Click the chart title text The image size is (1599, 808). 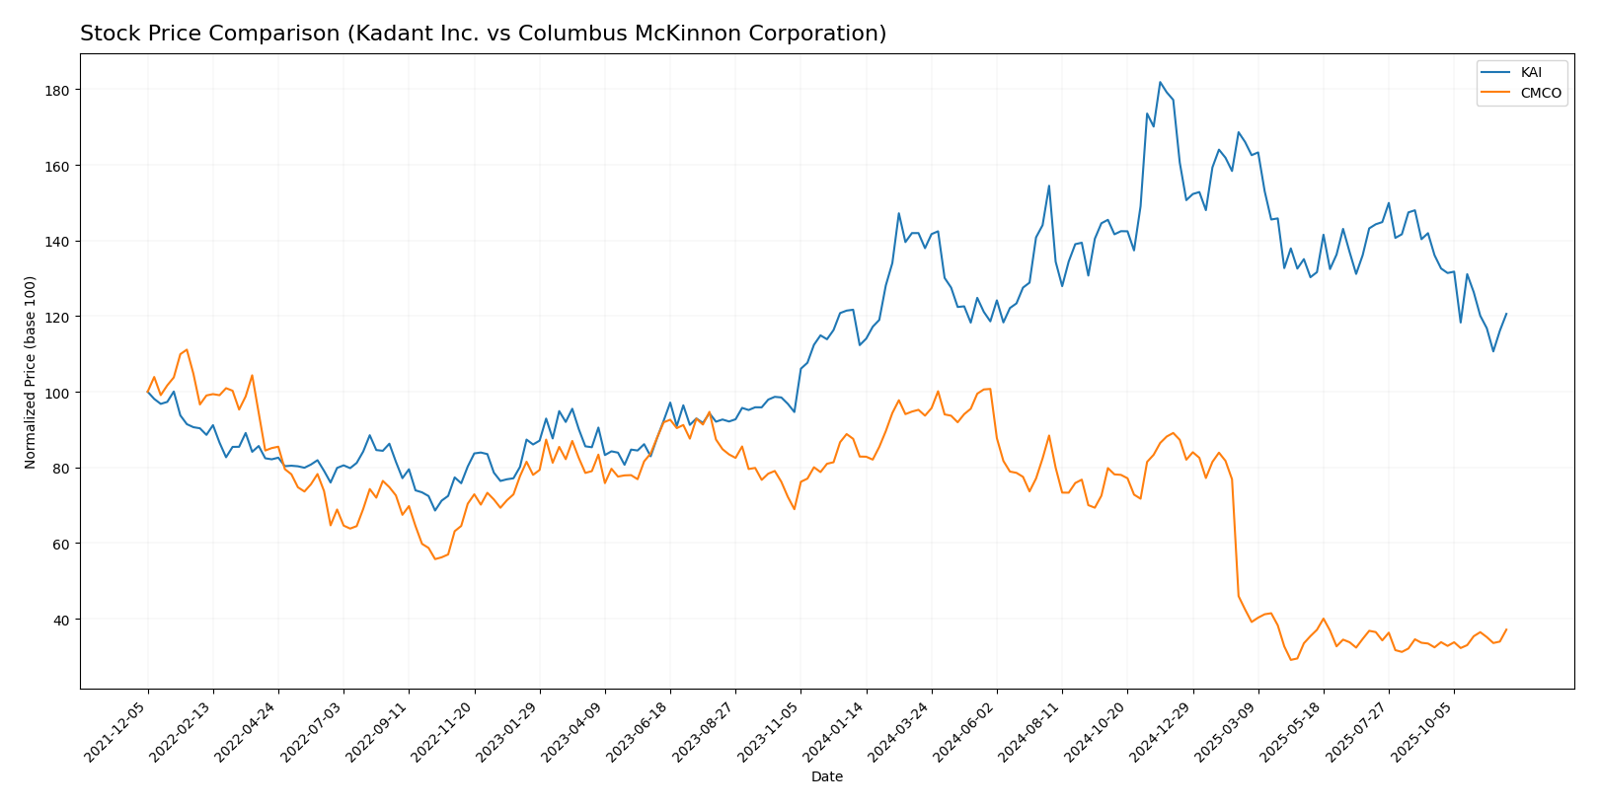[483, 35]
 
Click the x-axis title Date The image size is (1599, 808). [827, 777]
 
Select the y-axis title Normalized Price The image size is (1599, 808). [31, 372]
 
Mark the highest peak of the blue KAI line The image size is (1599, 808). [1160, 82]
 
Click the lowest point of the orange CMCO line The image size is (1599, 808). [1290, 660]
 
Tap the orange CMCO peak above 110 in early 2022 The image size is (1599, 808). [187, 349]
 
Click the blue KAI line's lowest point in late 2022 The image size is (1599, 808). [434, 510]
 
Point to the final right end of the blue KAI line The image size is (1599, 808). [1506, 314]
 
